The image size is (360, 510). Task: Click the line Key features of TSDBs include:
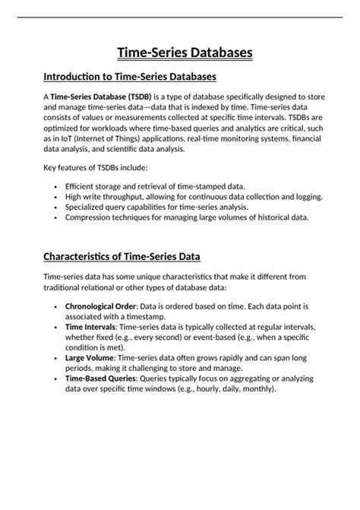(x=95, y=166)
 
